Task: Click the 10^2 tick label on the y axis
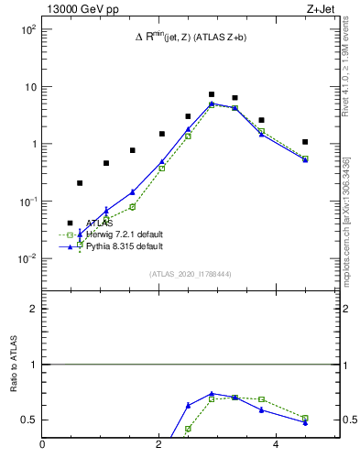27,29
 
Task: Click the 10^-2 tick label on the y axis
27,258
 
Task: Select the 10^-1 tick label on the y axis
27,202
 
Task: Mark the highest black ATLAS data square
212,94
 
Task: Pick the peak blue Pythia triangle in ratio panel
212,393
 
